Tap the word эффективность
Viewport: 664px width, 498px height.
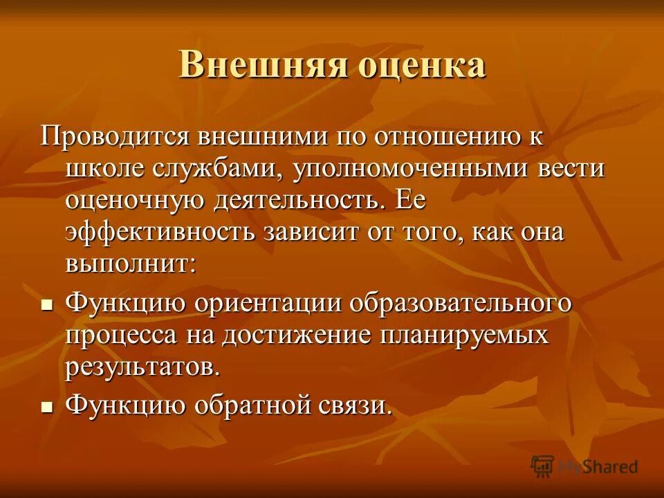(x=160, y=232)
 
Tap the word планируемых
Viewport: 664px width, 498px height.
(x=463, y=337)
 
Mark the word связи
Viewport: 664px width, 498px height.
(x=358, y=405)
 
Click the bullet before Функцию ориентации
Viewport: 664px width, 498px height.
(x=47, y=304)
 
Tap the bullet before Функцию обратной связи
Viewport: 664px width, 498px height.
(x=47, y=406)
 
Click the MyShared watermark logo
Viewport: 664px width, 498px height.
(x=584, y=466)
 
